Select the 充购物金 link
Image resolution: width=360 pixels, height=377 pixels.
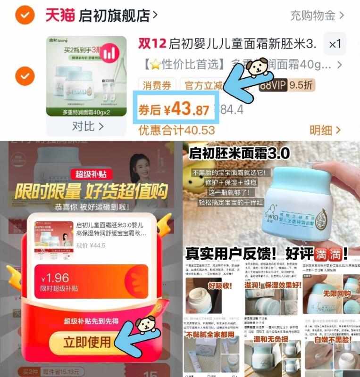pyautogui.click(x=312, y=16)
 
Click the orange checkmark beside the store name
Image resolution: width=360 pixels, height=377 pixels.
pyautogui.click(x=24, y=16)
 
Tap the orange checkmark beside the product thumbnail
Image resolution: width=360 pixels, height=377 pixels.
pyautogui.click(x=24, y=75)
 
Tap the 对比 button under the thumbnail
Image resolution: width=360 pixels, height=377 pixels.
pyautogui.click(x=87, y=126)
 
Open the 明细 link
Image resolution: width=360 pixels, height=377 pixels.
pyautogui.click(x=325, y=130)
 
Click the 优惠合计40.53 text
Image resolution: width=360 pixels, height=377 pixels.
pyautogui.click(x=176, y=130)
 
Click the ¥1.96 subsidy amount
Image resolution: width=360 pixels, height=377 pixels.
pyautogui.click(x=55, y=278)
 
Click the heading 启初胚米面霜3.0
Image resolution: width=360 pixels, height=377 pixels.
pyautogui.click(x=239, y=153)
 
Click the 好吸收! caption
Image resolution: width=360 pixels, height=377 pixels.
pyautogui.click(x=221, y=285)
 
